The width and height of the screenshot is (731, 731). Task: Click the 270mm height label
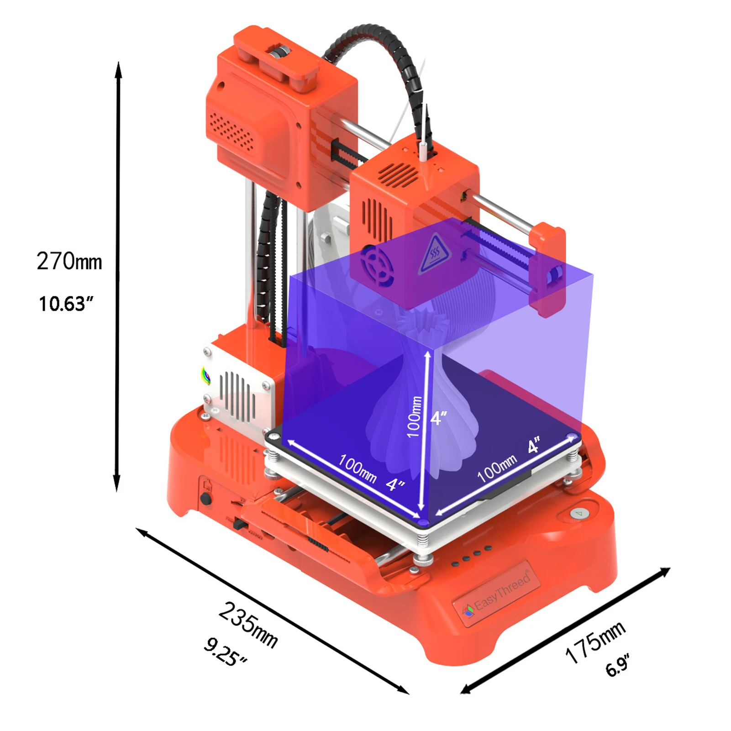[69, 261]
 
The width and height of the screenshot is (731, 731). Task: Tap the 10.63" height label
[66, 304]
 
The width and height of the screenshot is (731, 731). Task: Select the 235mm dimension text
[248, 625]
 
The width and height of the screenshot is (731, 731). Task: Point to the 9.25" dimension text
[225, 652]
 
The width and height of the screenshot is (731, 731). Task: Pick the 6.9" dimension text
[618, 666]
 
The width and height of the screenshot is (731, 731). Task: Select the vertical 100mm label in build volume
[414, 416]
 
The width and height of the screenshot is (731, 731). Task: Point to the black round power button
[206, 498]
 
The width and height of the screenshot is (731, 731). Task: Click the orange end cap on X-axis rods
[548, 269]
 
